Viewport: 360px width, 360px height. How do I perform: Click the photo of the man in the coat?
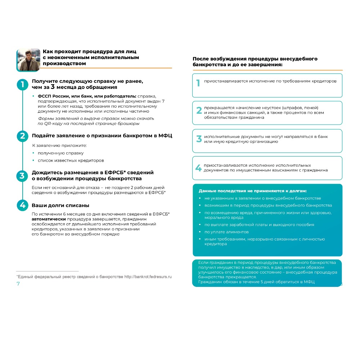click(x=28, y=59)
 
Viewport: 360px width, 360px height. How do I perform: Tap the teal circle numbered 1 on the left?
click(x=22, y=85)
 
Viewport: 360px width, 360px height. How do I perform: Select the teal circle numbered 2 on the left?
click(x=22, y=136)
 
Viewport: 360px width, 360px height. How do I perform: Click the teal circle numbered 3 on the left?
click(x=22, y=176)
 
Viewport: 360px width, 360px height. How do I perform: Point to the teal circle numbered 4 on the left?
click(x=22, y=206)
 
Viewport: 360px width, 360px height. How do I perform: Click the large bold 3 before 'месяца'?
click(x=53, y=87)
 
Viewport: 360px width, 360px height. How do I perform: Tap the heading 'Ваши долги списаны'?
click(x=60, y=206)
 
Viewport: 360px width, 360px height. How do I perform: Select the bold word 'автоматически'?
click(x=49, y=219)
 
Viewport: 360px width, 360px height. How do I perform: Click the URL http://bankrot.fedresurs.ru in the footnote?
click(x=148, y=277)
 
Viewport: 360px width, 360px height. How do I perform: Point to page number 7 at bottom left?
click(x=18, y=284)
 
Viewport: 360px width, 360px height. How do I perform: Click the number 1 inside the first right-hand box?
click(x=198, y=83)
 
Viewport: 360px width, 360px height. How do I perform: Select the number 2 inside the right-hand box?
click(x=199, y=111)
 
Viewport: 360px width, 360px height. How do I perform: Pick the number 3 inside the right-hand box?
click(x=199, y=139)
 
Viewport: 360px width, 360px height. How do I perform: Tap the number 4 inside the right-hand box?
click(x=198, y=168)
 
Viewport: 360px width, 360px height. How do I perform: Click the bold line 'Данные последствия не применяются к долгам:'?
click(x=252, y=191)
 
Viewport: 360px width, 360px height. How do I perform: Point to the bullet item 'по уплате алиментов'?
click(x=226, y=232)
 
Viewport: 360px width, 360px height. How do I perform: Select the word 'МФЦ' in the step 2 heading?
click(x=165, y=136)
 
